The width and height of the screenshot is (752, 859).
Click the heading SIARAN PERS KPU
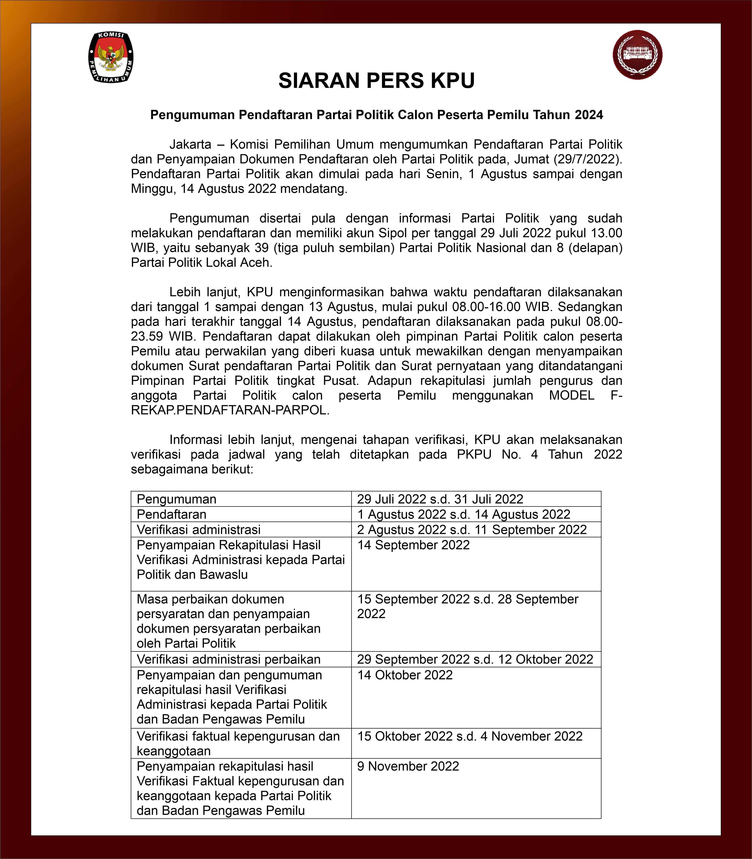pos(376,80)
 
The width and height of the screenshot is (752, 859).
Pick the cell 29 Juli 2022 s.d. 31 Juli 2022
pos(440,499)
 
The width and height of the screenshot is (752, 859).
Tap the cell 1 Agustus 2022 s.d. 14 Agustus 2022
pos(464,514)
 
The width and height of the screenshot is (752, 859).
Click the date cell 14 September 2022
pos(413,545)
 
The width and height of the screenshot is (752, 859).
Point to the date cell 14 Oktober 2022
pos(405,675)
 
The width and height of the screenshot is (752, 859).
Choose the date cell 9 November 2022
pos(408,766)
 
